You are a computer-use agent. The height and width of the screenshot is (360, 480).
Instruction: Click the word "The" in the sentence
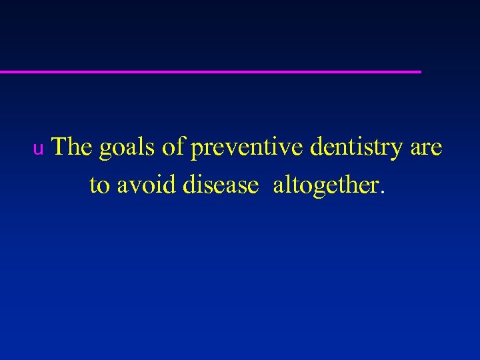pos(71,147)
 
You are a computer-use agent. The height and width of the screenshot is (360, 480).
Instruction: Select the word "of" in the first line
pos(173,147)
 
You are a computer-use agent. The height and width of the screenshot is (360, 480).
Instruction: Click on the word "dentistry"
pos(357,148)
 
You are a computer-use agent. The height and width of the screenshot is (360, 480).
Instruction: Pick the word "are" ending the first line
pos(426,148)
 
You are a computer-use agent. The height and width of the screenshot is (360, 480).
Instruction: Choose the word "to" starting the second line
pos(99,185)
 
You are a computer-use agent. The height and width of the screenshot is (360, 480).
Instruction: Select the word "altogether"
pos(325,185)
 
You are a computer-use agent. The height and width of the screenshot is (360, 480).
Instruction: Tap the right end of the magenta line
pos(419,71)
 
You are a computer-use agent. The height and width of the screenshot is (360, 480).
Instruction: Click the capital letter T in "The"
pos(59,146)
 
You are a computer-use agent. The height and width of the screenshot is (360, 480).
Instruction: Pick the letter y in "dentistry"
pos(397,150)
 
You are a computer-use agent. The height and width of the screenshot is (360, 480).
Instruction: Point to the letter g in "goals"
pos(105,151)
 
